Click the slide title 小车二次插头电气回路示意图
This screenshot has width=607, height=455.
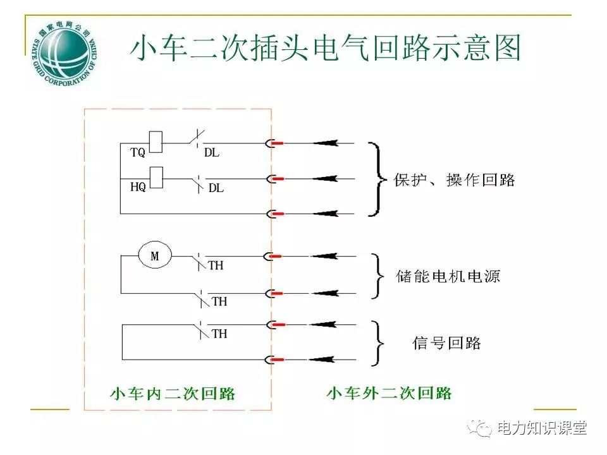(x=325, y=49)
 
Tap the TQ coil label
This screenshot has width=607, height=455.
(x=138, y=153)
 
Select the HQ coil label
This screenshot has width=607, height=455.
(x=138, y=188)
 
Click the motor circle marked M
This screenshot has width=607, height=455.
(x=155, y=257)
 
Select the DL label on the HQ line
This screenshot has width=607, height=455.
(x=216, y=188)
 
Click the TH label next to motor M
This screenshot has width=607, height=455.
(x=216, y=265)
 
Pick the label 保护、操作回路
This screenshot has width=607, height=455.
(x=454, y=180)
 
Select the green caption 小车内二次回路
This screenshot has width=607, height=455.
(x=172, y=394)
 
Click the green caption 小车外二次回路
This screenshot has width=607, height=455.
(x=389, y=393)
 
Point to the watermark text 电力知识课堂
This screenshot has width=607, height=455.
(x=542, y=428)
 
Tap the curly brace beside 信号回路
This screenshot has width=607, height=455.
(x=377, y=343)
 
